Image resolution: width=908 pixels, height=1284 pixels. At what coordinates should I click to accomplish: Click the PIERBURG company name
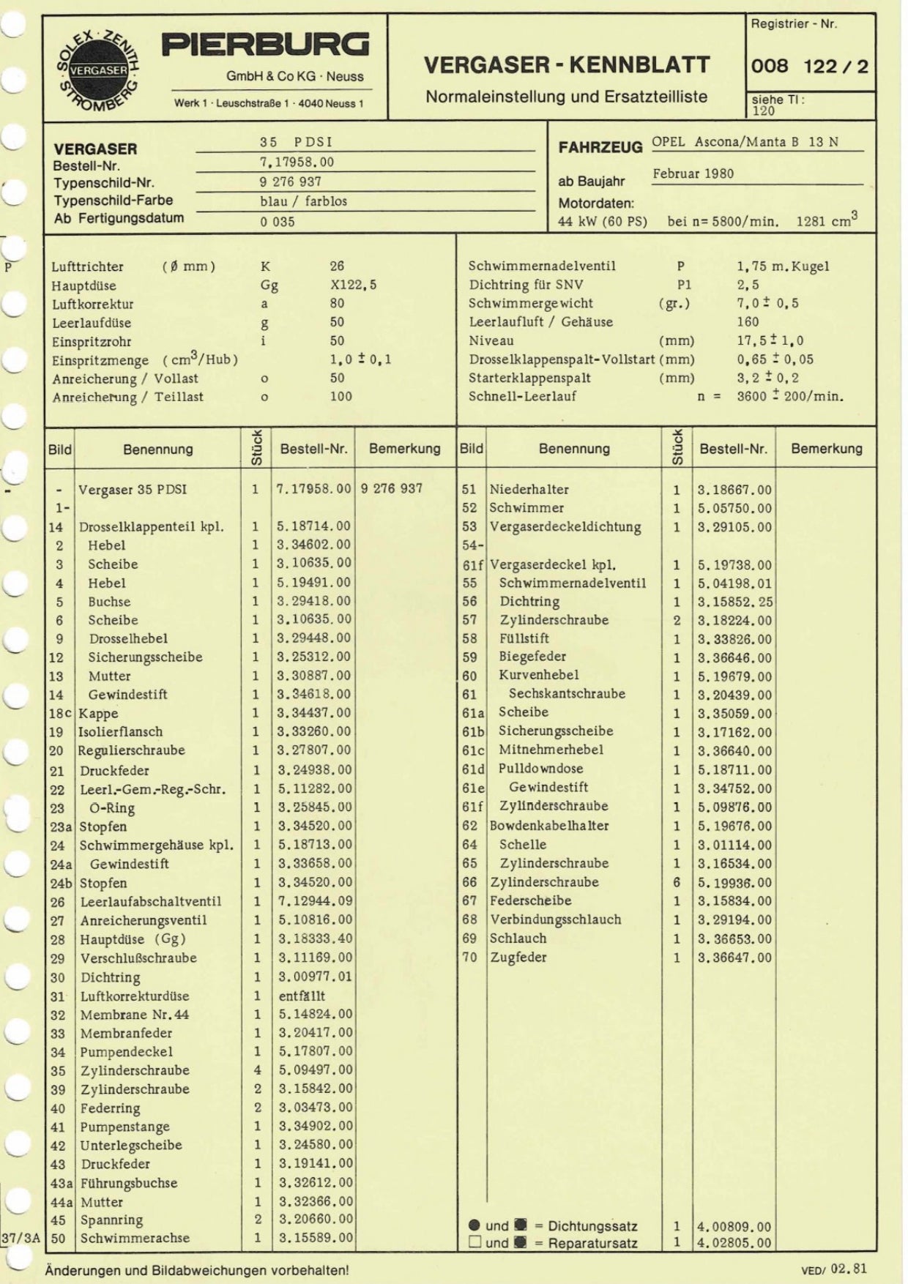(x=265, y=45)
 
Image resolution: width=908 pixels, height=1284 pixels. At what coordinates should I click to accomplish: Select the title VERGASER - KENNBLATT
(x=566, y=65)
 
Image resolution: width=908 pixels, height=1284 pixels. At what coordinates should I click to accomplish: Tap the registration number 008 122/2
(x=809, y=67)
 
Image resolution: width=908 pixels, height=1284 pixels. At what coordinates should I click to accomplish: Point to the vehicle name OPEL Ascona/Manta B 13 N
(x=745, y=142)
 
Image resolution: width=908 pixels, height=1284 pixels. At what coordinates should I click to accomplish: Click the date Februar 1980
(x=693, y=174)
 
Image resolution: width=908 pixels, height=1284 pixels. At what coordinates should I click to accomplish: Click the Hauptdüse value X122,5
(x=353, y=285)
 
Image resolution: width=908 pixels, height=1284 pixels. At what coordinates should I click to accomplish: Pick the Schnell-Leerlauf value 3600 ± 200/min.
(x=789, y=397)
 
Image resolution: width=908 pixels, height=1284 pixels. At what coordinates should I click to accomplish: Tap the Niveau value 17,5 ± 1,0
(x=770, y=340)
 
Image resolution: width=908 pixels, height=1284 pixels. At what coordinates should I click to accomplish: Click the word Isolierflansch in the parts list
(x=121, y=731)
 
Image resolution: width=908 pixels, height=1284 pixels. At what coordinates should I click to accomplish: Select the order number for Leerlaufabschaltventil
(x=314, y=901)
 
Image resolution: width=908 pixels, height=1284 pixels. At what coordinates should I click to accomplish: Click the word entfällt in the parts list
(x=302, y=996)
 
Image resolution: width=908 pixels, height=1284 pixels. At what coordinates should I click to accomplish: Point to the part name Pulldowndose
(x=540, y=769)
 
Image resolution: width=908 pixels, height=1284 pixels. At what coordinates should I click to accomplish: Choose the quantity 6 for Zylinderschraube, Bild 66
(x=677, y=882)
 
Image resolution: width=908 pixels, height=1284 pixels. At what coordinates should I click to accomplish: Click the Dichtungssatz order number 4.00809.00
(x=734, y=1226)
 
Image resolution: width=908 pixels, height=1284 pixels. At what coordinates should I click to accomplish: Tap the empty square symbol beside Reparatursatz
(x=475, y=1242)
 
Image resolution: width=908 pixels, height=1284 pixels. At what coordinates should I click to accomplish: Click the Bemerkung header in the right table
(x=826, y=448)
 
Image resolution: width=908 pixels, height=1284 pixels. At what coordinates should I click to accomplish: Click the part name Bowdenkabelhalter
(x=549, y=825)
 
